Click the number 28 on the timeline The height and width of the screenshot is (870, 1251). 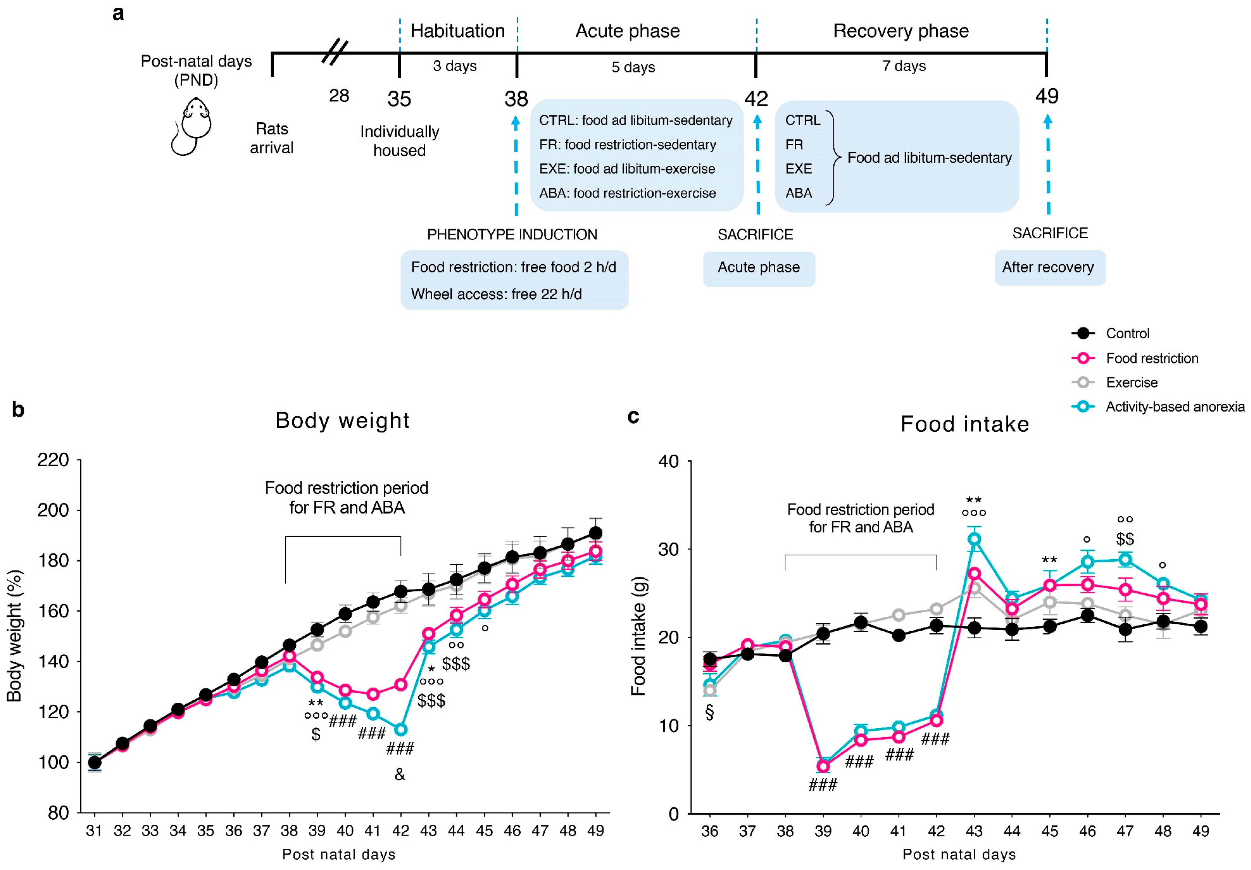coord(339,96)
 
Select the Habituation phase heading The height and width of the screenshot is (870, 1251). coord(457,31)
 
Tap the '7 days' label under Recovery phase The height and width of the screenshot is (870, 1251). coord(904,66)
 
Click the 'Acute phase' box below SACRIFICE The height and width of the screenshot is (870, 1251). coord(759,268)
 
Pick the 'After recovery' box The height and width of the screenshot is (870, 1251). coord(1049,268)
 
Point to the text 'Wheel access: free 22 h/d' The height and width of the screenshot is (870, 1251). coord(496,294)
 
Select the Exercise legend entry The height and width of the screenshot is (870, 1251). coord(1131,383)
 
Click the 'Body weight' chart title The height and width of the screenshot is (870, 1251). coord(342,421)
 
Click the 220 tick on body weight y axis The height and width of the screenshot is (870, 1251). coord(53,460)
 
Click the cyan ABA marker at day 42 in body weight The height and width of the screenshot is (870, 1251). coord(401,729)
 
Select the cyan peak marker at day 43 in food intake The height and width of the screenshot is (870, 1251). coord(974,539)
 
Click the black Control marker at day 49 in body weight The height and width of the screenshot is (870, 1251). coord(596,533)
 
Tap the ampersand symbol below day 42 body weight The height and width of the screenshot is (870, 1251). coord(400,774)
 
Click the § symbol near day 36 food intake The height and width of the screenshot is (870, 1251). coord(709,713)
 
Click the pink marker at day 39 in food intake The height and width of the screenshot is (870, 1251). coord(823,767)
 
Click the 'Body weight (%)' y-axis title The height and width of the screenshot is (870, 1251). coord(14,636)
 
